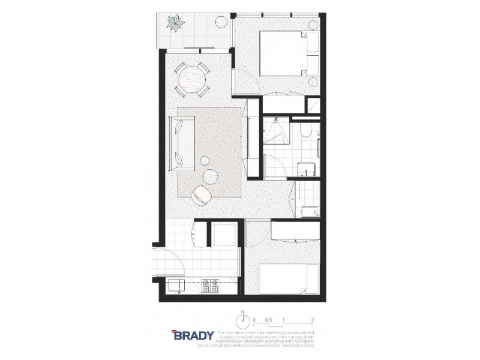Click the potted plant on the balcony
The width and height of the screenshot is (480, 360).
(x=175, y=25)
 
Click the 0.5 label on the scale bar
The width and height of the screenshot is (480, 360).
(x=268, y=320)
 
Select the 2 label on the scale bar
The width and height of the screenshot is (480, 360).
(x=313, y=320)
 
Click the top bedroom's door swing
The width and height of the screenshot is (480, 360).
(x=248, y=80)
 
